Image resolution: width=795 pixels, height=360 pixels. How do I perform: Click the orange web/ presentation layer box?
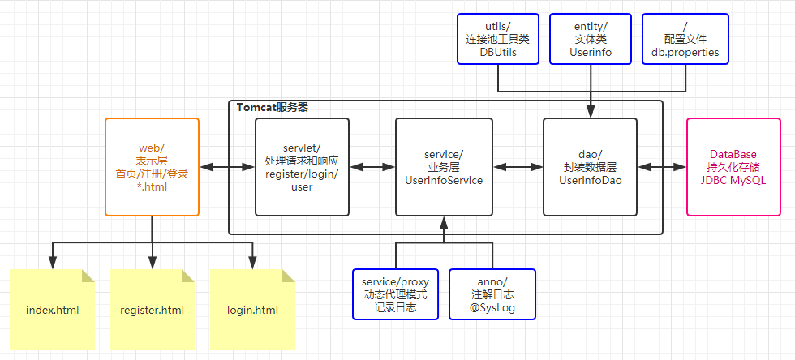152,167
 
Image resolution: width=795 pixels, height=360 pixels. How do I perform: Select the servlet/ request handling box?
302,167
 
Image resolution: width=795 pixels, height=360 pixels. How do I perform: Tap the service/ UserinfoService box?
444,167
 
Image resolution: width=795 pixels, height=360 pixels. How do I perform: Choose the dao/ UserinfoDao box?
590,167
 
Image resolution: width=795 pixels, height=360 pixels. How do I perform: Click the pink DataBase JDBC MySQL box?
737,167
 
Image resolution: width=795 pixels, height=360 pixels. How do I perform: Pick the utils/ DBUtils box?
497,38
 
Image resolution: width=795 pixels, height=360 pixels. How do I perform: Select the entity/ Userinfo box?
590,38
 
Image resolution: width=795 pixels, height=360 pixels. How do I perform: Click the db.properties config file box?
685,38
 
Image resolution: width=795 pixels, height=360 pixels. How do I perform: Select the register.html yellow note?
152,310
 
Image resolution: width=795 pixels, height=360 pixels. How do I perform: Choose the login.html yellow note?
252,310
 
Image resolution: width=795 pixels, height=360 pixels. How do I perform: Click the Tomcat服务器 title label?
272,107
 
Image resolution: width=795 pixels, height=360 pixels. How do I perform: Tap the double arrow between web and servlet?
227,167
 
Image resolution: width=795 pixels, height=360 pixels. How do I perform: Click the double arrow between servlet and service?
372,167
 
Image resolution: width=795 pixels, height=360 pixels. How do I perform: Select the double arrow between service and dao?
518,167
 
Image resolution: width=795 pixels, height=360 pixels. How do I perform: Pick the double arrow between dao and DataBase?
662,167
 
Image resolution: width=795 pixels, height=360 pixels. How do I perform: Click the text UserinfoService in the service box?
444,180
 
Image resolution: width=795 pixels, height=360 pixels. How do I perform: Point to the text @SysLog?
492,308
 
